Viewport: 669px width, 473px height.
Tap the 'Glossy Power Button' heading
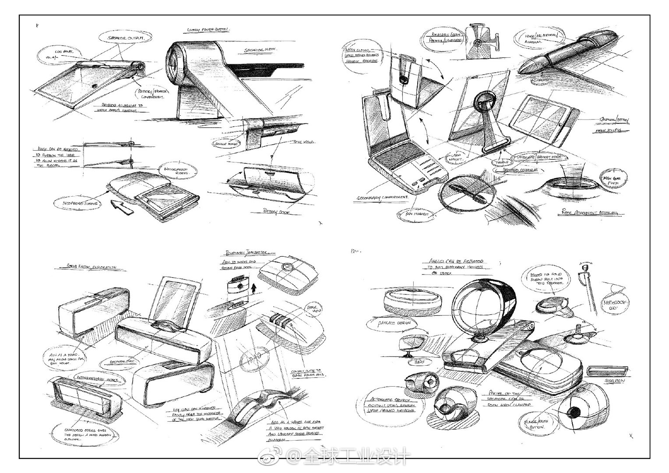[208, 30]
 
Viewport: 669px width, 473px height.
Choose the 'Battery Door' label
[276, 212]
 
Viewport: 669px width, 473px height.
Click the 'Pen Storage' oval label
[413, 214]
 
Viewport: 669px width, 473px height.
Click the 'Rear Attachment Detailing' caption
[591, 213]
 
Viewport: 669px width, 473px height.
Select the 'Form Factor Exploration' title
[92, 266]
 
